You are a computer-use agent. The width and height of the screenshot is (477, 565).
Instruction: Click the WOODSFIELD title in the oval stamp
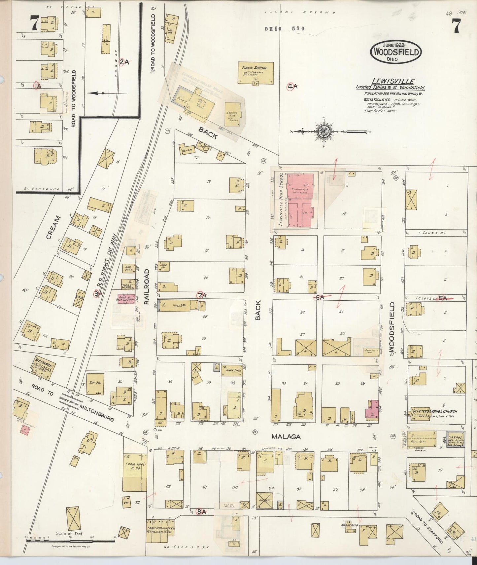[x=396, y=52]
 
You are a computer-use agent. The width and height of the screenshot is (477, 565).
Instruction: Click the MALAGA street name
[x=286, y=436]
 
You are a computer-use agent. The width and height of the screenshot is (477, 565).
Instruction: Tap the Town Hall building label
[x=233, y=370]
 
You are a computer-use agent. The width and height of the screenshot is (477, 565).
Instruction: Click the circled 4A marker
[x=292, y=87]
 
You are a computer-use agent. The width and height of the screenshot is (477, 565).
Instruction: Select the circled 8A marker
[x=201, y=512]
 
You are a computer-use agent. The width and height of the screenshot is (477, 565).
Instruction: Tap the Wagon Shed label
[x=350, y=525]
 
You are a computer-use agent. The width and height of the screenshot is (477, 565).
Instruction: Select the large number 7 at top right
[x=456, y=26]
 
